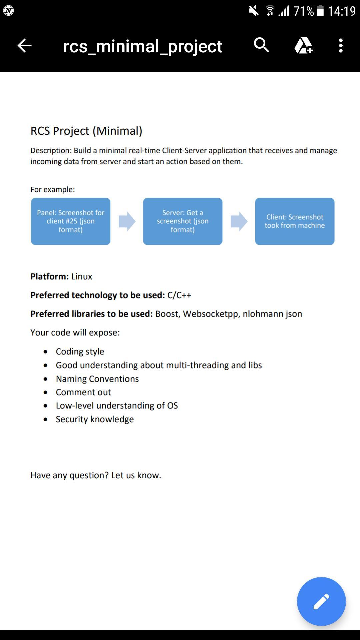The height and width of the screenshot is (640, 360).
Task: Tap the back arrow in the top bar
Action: (x=24, y=46)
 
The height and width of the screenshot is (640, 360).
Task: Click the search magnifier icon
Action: (x=261, y=45)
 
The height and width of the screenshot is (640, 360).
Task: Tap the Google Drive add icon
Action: (x=303, y=45)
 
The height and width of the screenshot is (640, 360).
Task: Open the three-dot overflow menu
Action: (x=340, y=46)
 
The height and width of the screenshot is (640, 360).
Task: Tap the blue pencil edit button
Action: (x=321, y=601)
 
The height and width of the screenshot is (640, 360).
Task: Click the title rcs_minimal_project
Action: (x=142, y=46)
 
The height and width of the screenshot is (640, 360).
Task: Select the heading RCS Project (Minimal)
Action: (x=86, y=131)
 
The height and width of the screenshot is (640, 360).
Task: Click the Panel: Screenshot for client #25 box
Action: (x=71, y=221)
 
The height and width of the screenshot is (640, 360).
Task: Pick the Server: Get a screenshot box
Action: (x=183, y=221)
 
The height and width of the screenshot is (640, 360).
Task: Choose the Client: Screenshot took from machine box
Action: (x=295, y=221)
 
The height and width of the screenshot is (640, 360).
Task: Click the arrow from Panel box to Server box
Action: (x=127, y=221)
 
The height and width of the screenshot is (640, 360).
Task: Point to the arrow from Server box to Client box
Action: (x=239, y=221)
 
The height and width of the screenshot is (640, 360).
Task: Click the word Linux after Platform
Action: (x=82, y=277)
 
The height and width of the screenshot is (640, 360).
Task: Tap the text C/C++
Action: (x=179, y=295)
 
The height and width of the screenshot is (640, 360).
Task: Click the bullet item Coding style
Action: (x=80, y=352)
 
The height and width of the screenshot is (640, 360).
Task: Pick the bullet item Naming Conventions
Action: (x=97, y=379)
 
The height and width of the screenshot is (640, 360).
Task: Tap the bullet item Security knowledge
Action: (x=95, y=419)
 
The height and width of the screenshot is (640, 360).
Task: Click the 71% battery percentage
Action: (x=304, y=11)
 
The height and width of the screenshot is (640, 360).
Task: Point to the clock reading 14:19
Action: (x=342, y=11)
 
